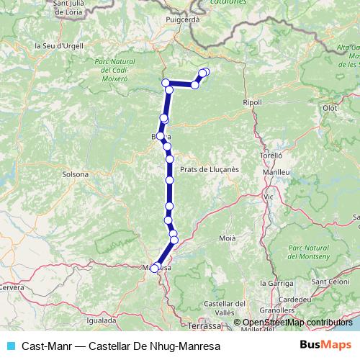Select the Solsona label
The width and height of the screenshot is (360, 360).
[x=76, y=174]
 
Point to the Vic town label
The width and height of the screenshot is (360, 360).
[x=269, y=196]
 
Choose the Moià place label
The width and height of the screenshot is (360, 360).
[x=227, y=237]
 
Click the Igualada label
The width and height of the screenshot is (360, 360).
[x=101, y=320]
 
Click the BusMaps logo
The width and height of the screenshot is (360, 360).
[x=325, y=345]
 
